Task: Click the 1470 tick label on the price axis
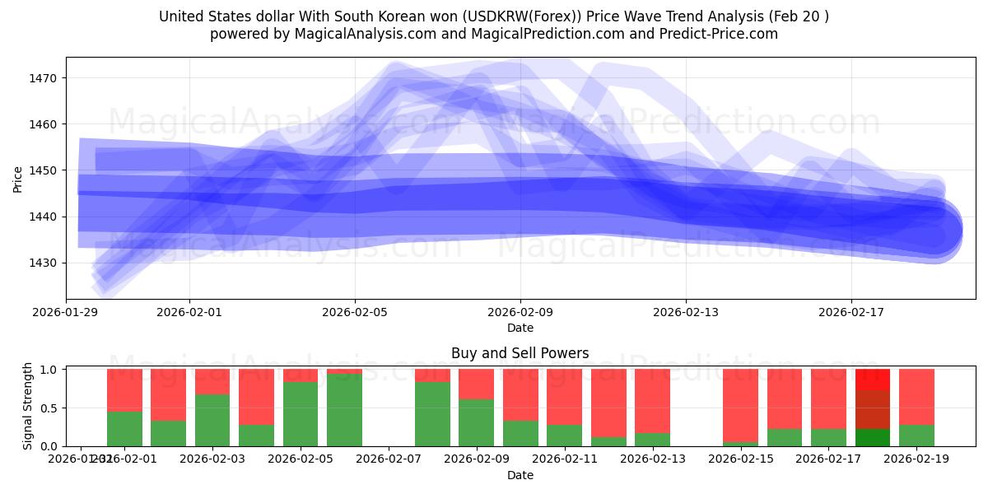coord(43,78)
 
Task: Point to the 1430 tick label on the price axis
coord(43,263)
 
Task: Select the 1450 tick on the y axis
coord(43,170)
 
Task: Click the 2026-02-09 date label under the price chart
coord(520,312)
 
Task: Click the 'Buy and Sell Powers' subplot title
coord(520,353)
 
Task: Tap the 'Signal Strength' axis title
coord(28,405)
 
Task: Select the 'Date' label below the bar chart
coord(520,475)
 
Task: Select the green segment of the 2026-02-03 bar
coord(212,420)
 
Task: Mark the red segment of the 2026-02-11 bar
coord(564,396)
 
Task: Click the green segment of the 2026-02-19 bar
coord(916,436)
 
